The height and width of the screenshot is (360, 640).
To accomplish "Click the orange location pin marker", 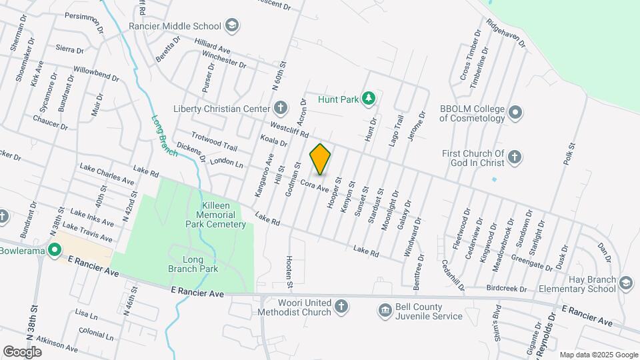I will coord(320,159).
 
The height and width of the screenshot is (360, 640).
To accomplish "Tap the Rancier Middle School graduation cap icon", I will coord(232,27).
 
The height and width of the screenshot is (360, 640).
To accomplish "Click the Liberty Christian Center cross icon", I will coord(281,108).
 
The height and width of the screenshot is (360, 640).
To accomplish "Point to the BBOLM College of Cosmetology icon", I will coord(515,113).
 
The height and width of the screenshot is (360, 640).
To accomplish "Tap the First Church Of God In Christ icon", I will coord(514,158).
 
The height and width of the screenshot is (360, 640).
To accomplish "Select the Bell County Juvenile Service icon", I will coord(385,310).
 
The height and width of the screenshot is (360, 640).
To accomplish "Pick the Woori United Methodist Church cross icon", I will coord(341,307).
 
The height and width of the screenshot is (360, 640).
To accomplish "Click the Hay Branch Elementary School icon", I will coord(625,283).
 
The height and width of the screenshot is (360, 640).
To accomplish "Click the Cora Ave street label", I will coord(314,185).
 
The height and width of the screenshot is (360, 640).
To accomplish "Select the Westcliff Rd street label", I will coord(289,129).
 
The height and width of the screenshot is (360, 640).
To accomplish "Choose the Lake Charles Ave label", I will coord(107,173).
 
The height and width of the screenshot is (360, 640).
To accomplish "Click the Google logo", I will coord(23,351).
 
